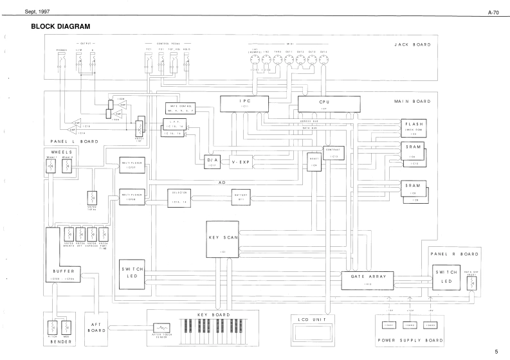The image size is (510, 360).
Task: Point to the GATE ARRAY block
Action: pos(369,279)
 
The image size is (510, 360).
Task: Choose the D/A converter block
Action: pos(213,161)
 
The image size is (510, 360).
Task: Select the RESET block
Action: pos(314,160)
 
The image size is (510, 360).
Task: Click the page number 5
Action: pos(496,352)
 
